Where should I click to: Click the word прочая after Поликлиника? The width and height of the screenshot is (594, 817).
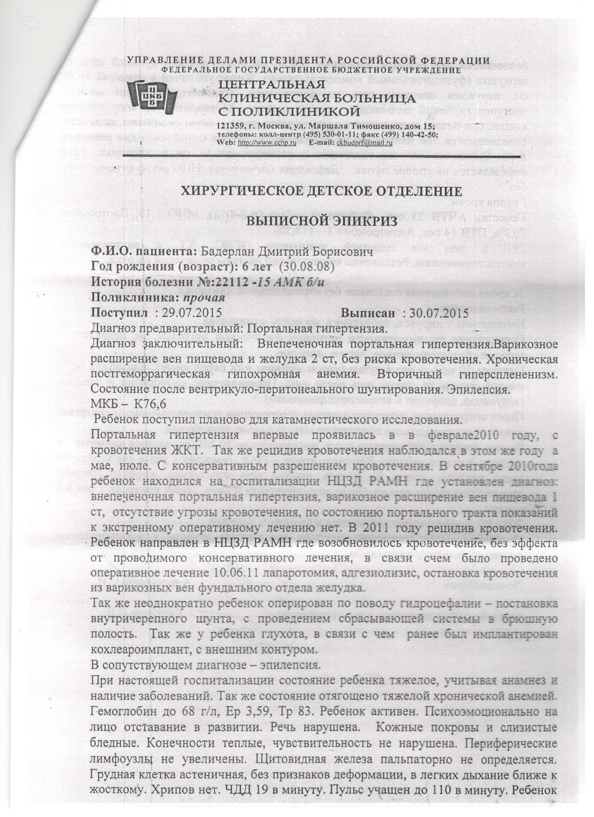tap(204, 298)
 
